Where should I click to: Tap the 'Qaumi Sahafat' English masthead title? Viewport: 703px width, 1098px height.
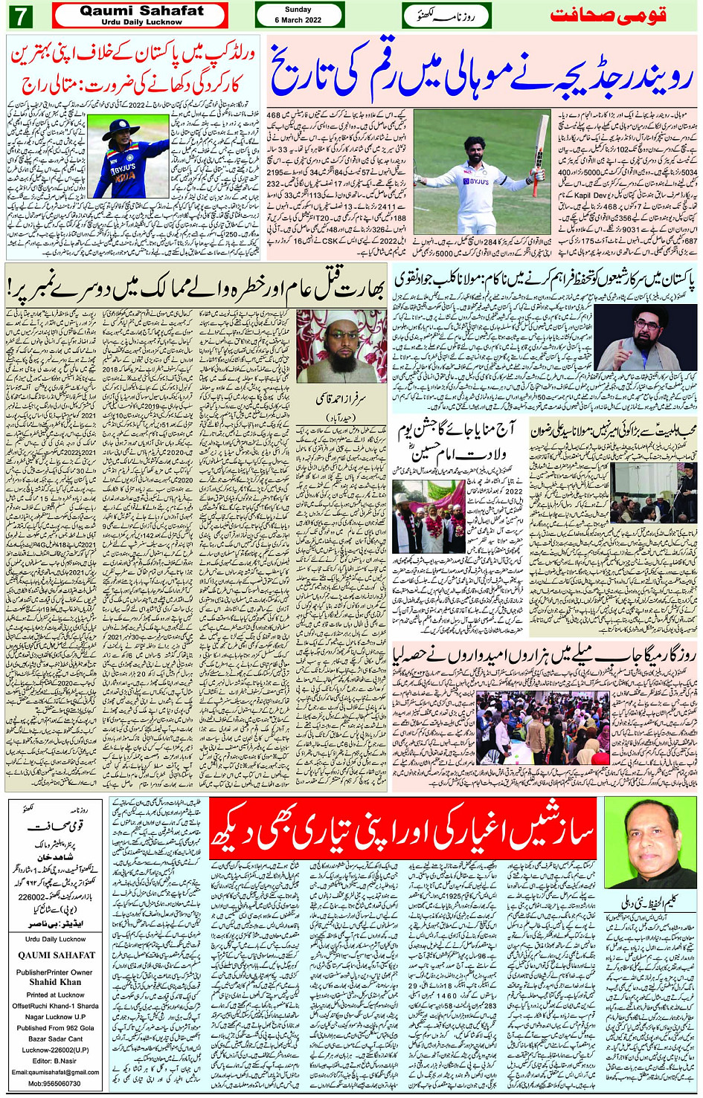point(141,10)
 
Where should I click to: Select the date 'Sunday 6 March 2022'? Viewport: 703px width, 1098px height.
point(298,15)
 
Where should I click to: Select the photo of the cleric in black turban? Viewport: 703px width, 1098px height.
point(644,338)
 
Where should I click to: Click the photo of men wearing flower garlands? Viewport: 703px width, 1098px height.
point(428,515)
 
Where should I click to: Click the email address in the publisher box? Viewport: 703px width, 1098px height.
point(56,1072)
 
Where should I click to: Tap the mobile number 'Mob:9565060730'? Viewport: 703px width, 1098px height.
point(56,1083)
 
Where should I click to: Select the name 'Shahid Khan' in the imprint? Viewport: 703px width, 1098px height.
point(56,981)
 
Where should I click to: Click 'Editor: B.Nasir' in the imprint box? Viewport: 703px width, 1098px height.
point(56,1061)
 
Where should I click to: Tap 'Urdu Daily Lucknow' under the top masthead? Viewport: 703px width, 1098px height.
point(141,22)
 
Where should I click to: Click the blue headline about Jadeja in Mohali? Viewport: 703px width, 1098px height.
point(481,73)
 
